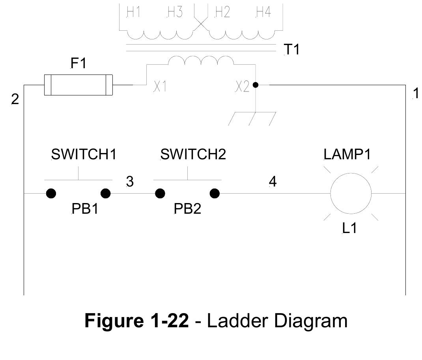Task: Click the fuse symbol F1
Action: pyautogui.click(x=78, y=85)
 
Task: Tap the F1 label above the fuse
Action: pyautogui.click(x=78, y=63)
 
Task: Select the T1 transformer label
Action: pyautogui.click(x=291, y=50)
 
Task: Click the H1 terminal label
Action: pyautogui.click(x=134, y=13)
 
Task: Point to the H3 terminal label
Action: pyautogui.click(x=175, y=13)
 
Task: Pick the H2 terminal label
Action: pyautogui.click(x=222, y=13)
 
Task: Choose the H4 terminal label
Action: pyautogui.click(x=263, y=13)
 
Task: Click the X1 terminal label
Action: pyautogui.click(x=160, y=87)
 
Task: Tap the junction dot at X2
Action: pyautogui.click(x=256, y=85)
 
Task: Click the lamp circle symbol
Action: pyautogui.click(x=351, y=194)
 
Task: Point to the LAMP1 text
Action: pyautogui.click(x=347, y=155)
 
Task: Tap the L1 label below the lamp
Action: pyautogui.click(x=349, y=228)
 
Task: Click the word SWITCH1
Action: pyautogui.click(x=84, y=155)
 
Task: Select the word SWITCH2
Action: pyautogui.click(x=193, y=155)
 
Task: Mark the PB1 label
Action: pyautogui.click(x=84, y=209)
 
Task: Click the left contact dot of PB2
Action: pyautogui.click(x=160, y=194)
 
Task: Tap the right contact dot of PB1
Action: pyautogui.click(x=106, y=194)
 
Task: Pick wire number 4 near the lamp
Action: pyautogui.click(x=273, y=181)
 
